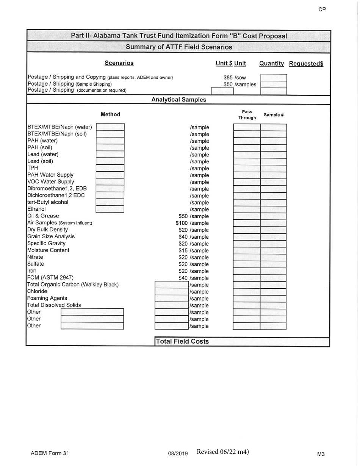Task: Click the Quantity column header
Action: pyautogui.click(x=271, y=64)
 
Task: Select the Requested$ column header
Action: pyautogui.click(x=306, y=64)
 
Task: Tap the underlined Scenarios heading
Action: pyautogui.click(x=119, y=63)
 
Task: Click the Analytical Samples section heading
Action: pyautogui.click(x=179, y=100)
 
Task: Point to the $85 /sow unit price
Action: pyautogui.click(x=235, y=78)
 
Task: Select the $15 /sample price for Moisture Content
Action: pyautogui.click(x=194, y=250)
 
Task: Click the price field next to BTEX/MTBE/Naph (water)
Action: pyautogui.click(x=110, y=127)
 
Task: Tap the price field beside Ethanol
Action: pyautogui.click(x=110, y=209)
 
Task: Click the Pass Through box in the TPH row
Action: pyautogui.click(x=246, y=168)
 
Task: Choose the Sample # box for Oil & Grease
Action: pyautogui.click(x=273, y=216)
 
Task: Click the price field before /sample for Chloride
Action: pyautogui.click(x=172, y=292)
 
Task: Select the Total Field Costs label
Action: pyautogui.click(x=182, y=341)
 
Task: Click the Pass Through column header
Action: pyautogui.click(x=247, y=115)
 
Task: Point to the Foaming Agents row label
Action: pyautogui.click(x=47, y=298)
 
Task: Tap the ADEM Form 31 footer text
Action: pyautogui.click(x=50, y=453)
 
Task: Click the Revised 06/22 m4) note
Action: pyautogui.click(x=223, y=452)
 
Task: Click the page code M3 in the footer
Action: pyautogui.click(x=321, y=454)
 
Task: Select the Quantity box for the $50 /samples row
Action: pyautogui.click(x=273, y=84)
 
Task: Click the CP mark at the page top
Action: pyautogui.click(x=322, y=10)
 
